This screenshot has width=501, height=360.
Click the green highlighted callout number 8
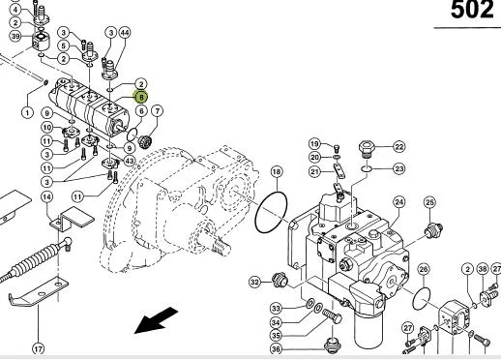[141, 97]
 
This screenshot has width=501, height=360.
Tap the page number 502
[472, 10]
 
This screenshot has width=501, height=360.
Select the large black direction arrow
[156, 320]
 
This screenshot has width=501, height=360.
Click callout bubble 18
[277, 171]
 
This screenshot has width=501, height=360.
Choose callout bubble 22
[399, 147]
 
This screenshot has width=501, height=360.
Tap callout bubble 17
[38, 349]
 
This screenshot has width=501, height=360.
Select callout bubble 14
[47, 196]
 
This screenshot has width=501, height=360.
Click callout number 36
[276, 349]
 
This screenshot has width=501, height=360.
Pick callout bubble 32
[255, 282]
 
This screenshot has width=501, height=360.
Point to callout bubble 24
[399, 202]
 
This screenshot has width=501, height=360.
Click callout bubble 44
[125, 33]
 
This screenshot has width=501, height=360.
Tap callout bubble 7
[157, 111]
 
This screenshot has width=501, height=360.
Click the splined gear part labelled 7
[145, 141]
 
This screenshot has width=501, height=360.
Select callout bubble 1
[27, 112]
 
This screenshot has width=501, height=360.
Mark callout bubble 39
[15, 36]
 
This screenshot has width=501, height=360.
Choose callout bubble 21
[315, 171]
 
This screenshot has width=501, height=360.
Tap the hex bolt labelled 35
[332, 315]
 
